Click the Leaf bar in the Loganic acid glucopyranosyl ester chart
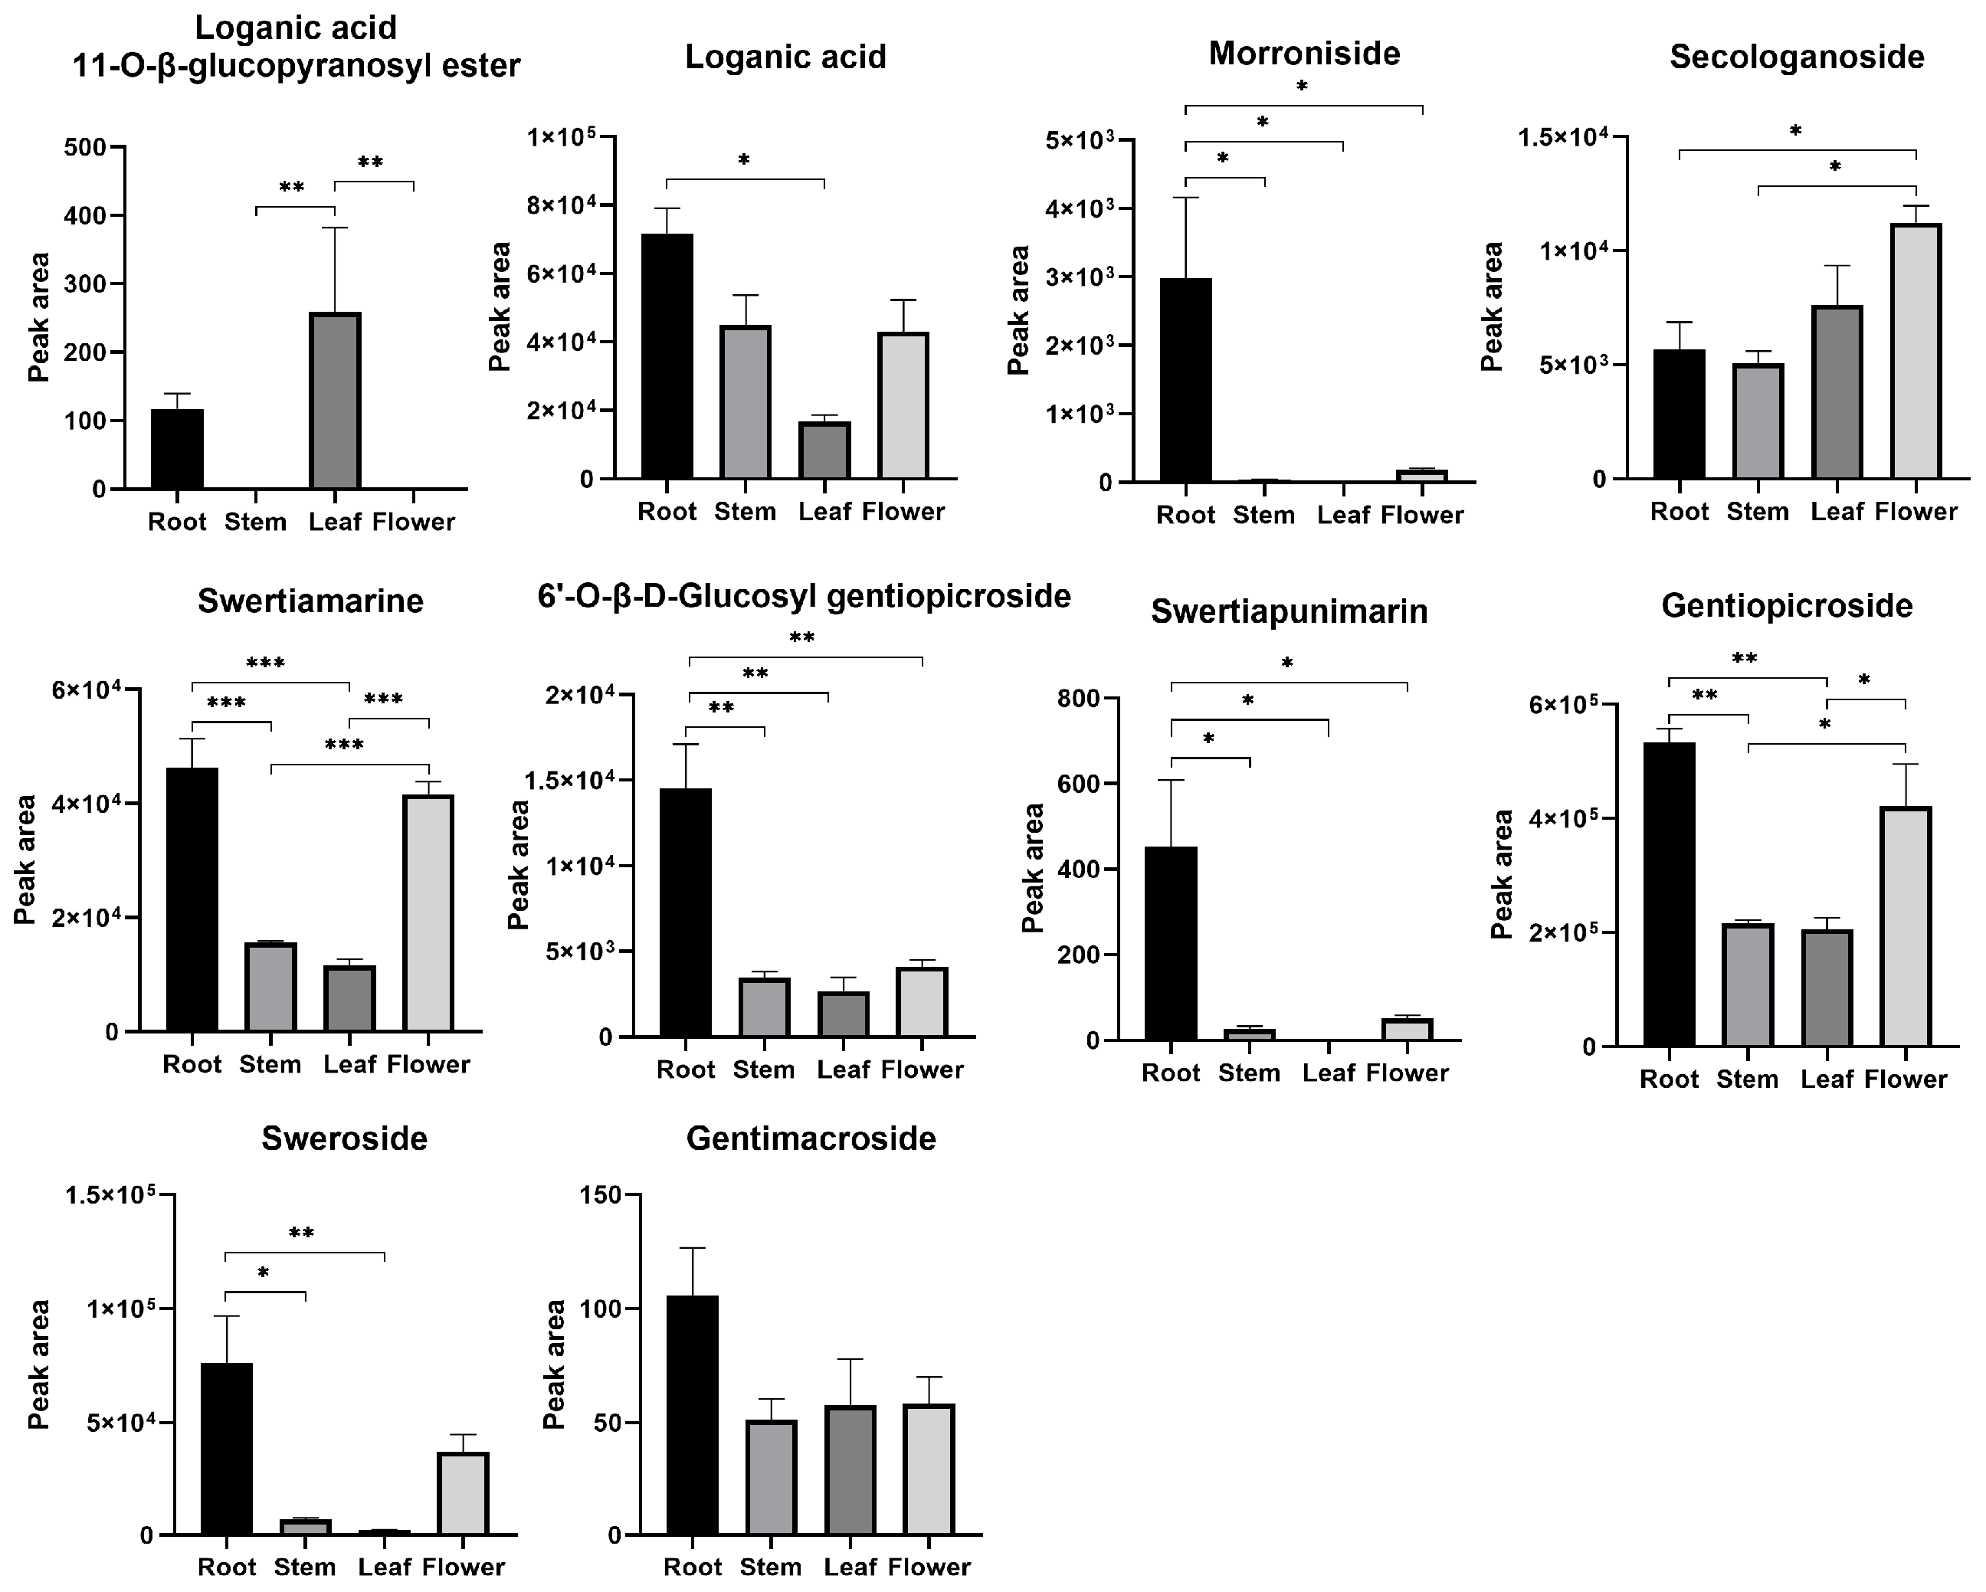334,401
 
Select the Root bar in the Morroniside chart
1185,379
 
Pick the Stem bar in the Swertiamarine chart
270,987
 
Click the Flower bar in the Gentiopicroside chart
1905,926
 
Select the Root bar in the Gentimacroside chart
693,1415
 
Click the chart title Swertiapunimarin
1289,611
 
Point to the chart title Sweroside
345,1138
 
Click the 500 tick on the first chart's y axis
86,147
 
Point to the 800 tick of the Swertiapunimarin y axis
1078,699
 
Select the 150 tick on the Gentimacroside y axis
601,1195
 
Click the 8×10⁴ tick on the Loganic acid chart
561,205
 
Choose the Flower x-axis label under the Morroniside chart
1421,515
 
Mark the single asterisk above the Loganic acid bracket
743,161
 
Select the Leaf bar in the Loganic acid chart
824,450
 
